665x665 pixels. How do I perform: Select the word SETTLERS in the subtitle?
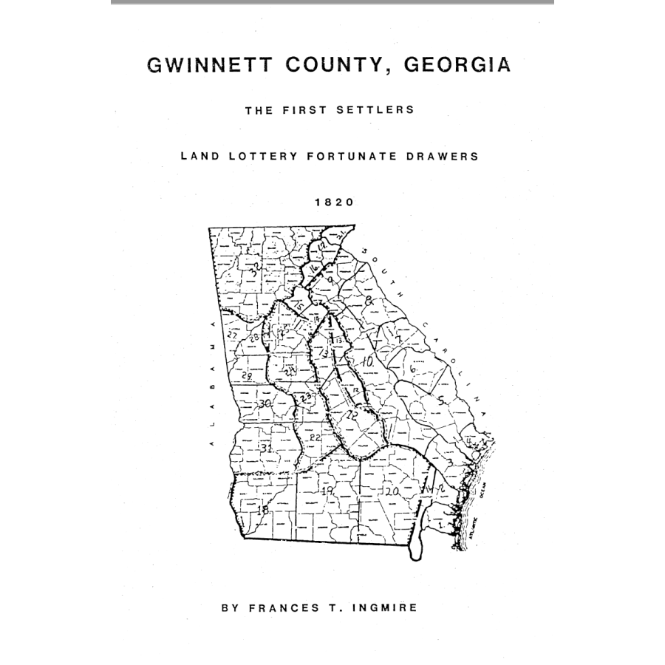click(378, 111)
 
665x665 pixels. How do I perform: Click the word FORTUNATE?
click(355, 157)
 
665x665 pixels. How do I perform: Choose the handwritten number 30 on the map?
click(265, 403)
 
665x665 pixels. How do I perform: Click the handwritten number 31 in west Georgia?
click(267, 449)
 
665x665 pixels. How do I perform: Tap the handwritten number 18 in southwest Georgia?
click(261, 510)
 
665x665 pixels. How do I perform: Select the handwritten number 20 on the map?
click(392, 491)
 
